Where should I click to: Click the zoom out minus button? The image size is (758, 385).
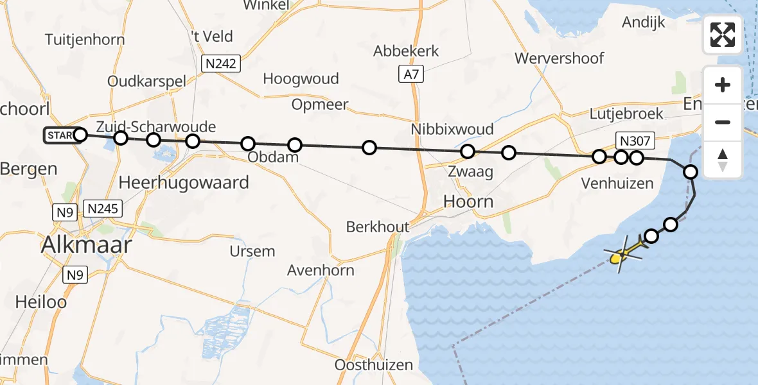(723, 122)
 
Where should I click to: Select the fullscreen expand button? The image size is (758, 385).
(723, 35)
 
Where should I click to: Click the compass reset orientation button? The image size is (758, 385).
(723, 159)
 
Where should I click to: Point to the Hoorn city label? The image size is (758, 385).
(469, 201)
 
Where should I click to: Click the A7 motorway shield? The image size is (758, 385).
(411, 74)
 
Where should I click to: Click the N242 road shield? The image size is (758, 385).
(220, 64)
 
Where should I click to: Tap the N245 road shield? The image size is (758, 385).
(101, 209)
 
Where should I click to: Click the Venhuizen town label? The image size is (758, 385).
(617, 184)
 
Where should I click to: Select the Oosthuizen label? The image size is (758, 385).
(374, 365)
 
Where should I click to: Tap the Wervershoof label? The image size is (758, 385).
(560, 58)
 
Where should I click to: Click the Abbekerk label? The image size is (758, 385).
(407, 51)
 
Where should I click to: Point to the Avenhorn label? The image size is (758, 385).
(330, 270)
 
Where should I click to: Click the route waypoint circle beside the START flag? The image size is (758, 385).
(80, 135)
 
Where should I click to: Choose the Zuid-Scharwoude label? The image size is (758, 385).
(156, 126)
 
